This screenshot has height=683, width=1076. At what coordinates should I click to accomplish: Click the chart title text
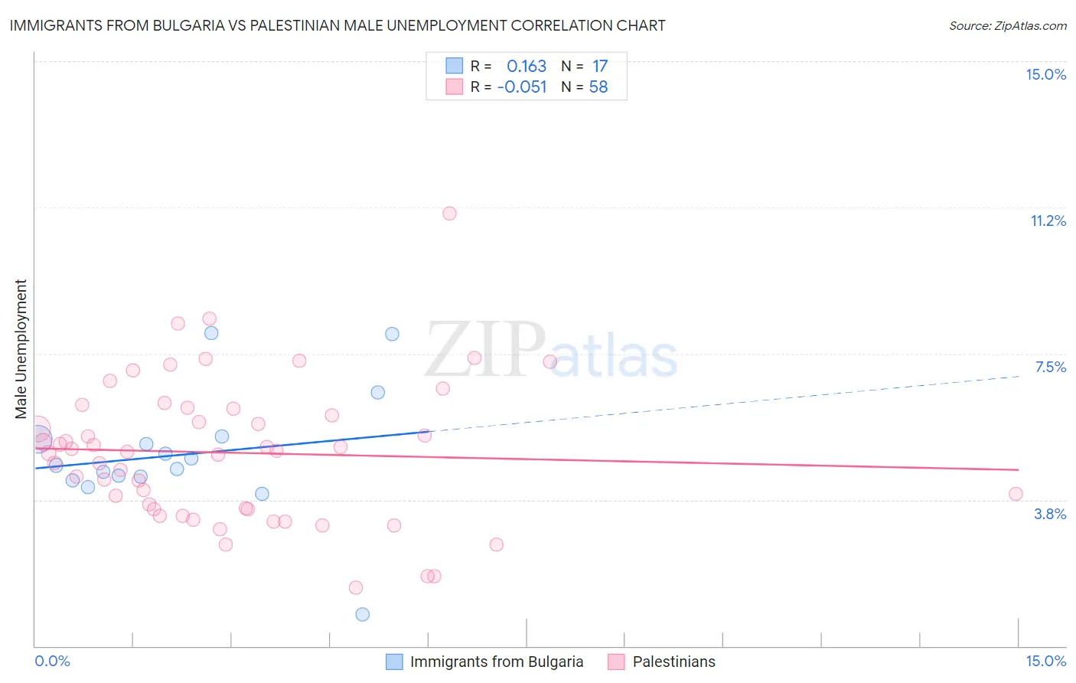[x=337, y=25]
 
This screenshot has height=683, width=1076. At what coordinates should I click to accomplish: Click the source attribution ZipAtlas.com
[x=1007, y=25]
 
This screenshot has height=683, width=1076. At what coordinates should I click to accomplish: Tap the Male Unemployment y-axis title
[x=21, y=349]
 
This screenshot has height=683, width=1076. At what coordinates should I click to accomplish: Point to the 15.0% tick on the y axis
[x=1045, y=74]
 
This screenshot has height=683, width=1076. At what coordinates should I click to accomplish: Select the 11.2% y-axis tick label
[x=1048, y=221]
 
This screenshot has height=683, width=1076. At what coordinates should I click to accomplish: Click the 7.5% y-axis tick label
[x=1050, y=367]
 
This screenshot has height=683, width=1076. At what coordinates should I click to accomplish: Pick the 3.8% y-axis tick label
[x=1050, y=514]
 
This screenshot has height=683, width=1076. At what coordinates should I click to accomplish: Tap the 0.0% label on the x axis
[x=52, y=661]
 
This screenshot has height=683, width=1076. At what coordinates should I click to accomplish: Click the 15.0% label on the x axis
[x=1045, y=661]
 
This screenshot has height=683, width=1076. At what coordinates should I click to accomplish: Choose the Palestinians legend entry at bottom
[x=673, y=662]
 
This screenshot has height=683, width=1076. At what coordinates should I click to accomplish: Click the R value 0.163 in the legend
[x=527, y=67]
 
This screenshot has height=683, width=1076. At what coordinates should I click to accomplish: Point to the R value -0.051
[x=522, y=87]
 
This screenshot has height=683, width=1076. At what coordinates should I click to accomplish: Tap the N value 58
[x=598, y=87]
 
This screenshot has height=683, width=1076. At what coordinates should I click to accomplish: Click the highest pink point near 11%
[x=449, y=214]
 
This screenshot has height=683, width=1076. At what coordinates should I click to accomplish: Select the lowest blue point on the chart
[x=363, y=614]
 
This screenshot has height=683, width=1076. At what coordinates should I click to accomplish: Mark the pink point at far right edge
[x=1016, y=494]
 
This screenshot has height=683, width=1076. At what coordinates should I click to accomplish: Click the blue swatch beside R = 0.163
[x=454, y=67]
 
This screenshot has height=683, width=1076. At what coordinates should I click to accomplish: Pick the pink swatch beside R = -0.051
[x=454, y=87]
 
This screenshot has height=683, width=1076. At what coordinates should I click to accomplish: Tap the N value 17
[x=600, y=67]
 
